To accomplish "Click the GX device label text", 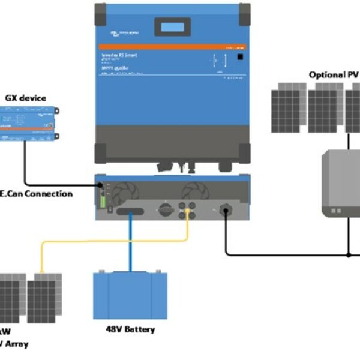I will point(25,98).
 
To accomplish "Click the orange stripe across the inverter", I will point(172,46).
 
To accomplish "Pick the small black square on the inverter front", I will point(239,58).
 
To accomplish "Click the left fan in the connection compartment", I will point(126,192).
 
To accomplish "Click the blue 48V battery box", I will point(130,295).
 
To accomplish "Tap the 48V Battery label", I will point(130,329).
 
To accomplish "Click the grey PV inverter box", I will point(341,183).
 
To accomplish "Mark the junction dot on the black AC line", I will point(349,254).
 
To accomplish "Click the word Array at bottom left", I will point(16,344).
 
